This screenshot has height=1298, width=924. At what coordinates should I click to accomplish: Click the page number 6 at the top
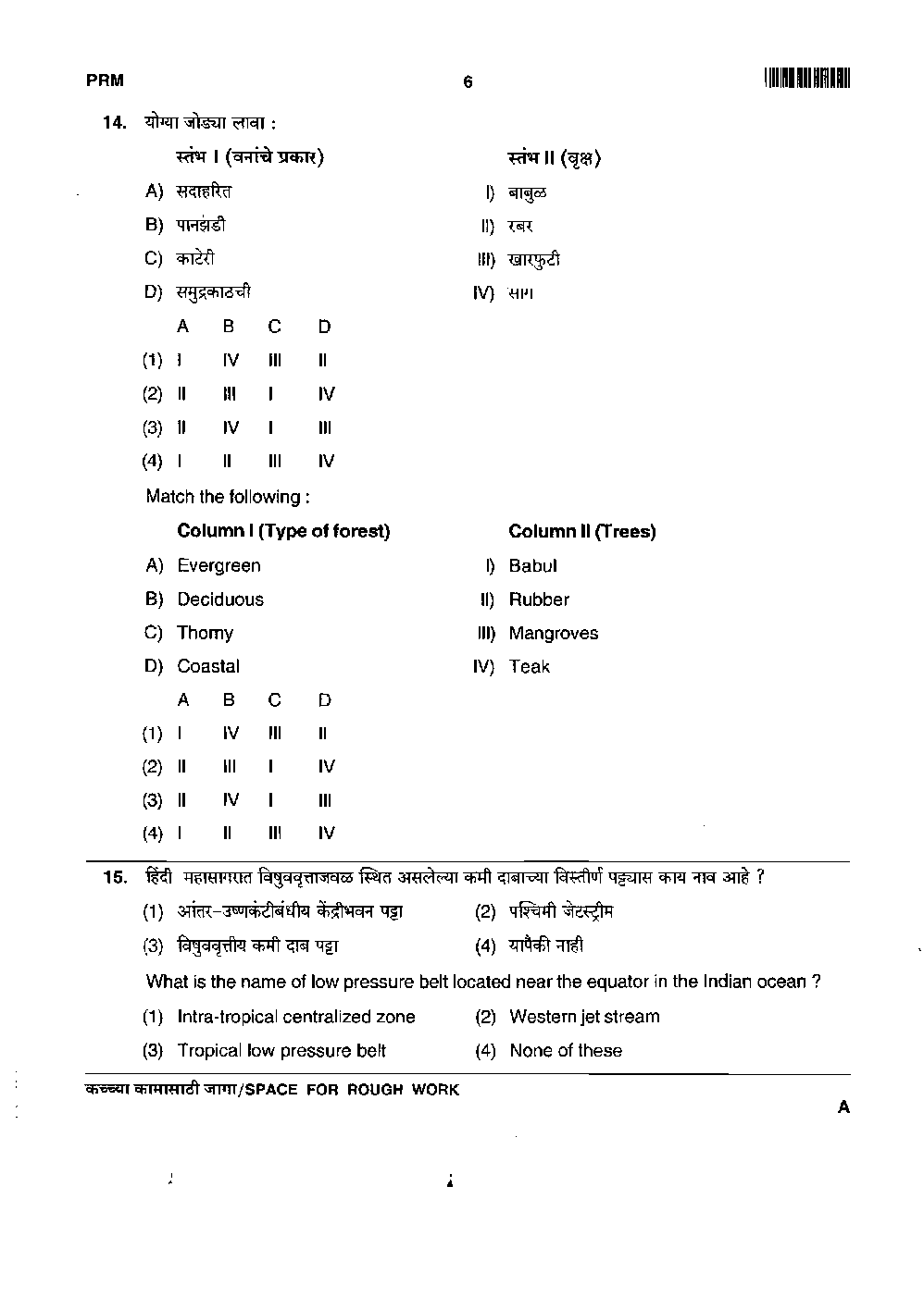point(468,82)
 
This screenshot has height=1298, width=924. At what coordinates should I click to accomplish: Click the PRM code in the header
point(105,81)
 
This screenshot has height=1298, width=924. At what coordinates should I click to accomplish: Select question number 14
point(114,123)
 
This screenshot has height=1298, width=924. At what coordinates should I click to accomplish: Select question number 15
point(114,877)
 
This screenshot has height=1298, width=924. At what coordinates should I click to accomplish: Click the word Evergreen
point(219,565)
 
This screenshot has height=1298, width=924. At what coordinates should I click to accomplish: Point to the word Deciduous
point(220,600)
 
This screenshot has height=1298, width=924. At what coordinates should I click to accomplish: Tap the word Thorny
point(205,633)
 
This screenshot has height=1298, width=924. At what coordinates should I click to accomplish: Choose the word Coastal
point(208,666)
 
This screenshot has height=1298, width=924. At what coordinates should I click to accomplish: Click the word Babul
point(532,565)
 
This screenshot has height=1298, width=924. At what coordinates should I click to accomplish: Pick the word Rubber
point(539,600)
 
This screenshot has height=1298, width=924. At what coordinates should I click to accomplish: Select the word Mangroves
point(553,634)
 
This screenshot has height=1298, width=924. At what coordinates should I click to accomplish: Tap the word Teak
point(529,666)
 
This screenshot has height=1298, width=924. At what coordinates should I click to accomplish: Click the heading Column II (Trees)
point(581,531)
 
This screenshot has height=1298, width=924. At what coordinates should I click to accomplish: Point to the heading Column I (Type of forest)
point(283,531)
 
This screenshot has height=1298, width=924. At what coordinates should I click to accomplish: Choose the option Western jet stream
point(584,1017)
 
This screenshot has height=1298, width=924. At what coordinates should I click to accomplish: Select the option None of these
point(566,1050)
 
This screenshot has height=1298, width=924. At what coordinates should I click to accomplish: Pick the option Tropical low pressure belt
point(281,1050)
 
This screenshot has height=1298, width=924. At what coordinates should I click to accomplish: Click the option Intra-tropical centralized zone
point(296,1017)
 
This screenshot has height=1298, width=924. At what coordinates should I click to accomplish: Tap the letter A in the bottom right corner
point(843,1106)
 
